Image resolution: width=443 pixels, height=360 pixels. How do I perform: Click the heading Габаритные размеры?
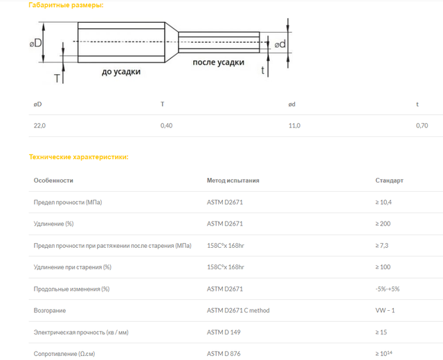pos(66,6)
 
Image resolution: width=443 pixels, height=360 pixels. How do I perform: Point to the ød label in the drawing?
pos(280,44)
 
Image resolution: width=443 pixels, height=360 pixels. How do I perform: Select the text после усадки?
pos(218,62)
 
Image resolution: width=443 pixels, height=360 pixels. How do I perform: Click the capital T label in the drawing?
pos(57,78)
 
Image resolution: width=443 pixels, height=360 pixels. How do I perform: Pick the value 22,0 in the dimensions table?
pos(39,125)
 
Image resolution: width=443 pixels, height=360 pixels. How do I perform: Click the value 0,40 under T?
pos(167,125)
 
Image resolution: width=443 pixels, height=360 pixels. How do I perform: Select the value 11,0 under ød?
pos(294,125)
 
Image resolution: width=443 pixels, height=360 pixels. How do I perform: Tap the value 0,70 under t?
pos(422,125)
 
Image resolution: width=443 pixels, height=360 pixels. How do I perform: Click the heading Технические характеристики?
pos(78,157)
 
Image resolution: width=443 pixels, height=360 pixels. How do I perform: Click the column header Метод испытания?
pos(233,181)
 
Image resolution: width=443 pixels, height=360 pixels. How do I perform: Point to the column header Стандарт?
pos(389,181)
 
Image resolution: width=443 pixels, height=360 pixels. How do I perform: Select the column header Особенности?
pos(53,181)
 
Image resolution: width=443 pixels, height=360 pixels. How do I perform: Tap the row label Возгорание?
pos(50,310)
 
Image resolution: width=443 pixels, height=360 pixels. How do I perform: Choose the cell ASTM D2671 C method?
pos(239,310)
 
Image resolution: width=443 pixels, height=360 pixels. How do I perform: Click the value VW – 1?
pos(385,310)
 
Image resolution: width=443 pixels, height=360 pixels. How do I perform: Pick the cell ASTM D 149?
pos(224,332)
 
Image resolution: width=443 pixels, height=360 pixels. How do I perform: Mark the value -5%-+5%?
pos(388,289)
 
